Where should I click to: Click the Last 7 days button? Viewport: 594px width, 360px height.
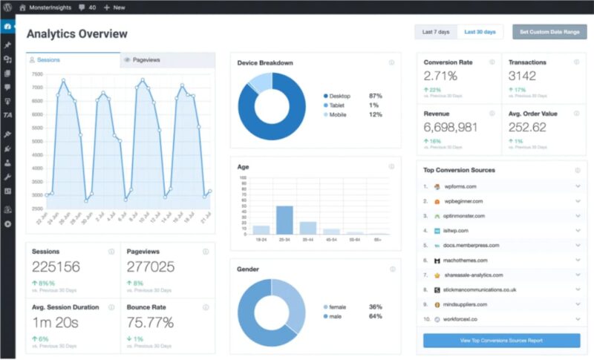(436, 33)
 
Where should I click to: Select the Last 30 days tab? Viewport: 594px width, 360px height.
(480, 33)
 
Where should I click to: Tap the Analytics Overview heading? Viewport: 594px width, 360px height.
(76, 34)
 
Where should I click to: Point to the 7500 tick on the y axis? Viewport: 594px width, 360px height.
(38, 74)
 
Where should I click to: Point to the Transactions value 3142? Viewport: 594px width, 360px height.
(527, 76)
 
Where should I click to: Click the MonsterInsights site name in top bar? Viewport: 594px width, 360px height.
(55, 7)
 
